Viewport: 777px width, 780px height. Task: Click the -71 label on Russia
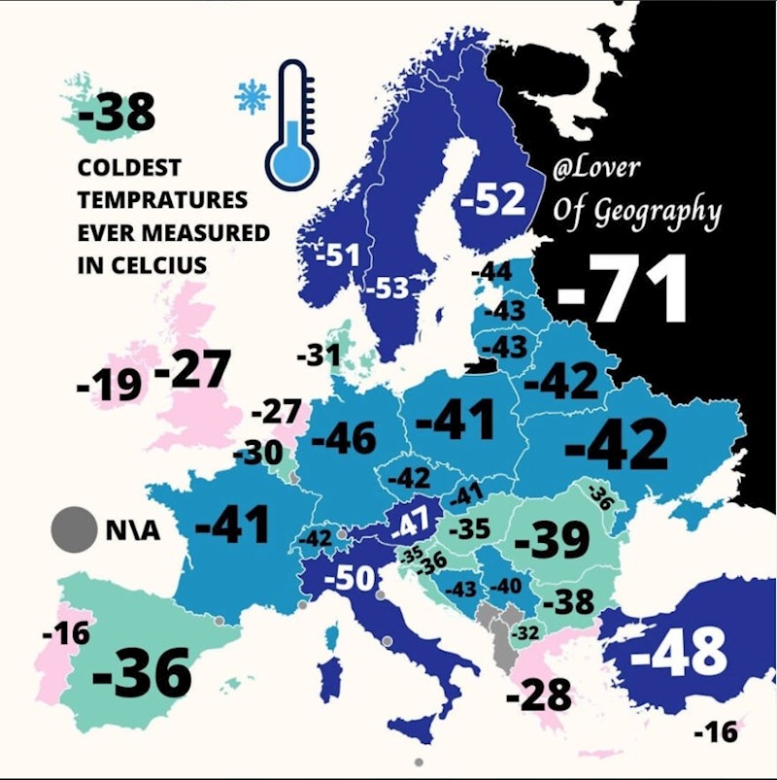tap(624, 289)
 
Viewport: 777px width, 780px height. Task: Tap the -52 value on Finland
tap(492, 200)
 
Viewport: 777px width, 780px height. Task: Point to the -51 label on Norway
tap(338, 256)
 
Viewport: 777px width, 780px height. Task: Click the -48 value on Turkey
tap(679, 652)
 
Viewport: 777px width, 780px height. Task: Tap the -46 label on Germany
tap(344, 439)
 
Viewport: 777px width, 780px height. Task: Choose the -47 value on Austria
tap(411, 526)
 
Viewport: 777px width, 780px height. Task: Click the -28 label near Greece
tap(540, 695)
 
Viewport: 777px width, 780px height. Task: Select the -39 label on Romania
tap(552, 540)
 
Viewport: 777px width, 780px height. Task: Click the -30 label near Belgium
tap(257, 454)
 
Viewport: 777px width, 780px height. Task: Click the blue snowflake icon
tap(253, 96)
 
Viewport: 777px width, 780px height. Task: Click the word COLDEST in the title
tap(129, 167)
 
